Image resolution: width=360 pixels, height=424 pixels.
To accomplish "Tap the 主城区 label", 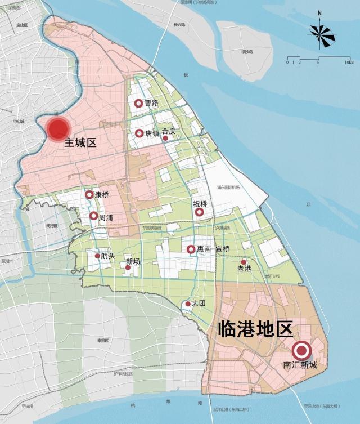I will (80, 142).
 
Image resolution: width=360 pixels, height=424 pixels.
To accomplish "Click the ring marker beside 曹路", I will (138, 104).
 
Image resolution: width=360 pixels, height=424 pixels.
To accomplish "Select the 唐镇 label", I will (152, 133).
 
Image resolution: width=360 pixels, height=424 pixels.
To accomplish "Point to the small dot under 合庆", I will (165, 138).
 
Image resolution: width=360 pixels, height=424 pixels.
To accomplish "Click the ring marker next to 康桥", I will (89, 195).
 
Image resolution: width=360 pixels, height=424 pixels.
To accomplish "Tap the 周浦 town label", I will (106, 216).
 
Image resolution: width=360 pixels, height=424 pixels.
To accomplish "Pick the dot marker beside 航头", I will (97, 256).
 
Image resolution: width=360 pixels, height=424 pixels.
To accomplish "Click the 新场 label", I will (133, 261).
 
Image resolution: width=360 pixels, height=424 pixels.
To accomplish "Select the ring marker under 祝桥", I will (199, 212).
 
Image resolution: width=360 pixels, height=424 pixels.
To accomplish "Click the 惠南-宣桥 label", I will (213, 249).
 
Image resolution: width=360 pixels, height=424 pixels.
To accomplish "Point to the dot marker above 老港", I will (244, 262).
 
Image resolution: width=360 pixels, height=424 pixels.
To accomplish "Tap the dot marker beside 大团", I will (188, 304).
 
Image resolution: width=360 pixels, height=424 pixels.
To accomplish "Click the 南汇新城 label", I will (300, 365).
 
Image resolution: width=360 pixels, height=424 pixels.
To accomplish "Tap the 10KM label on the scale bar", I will (348, 62).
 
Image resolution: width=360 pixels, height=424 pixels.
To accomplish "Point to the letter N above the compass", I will (319, 13).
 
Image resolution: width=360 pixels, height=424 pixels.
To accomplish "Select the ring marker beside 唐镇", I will (139, 133).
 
